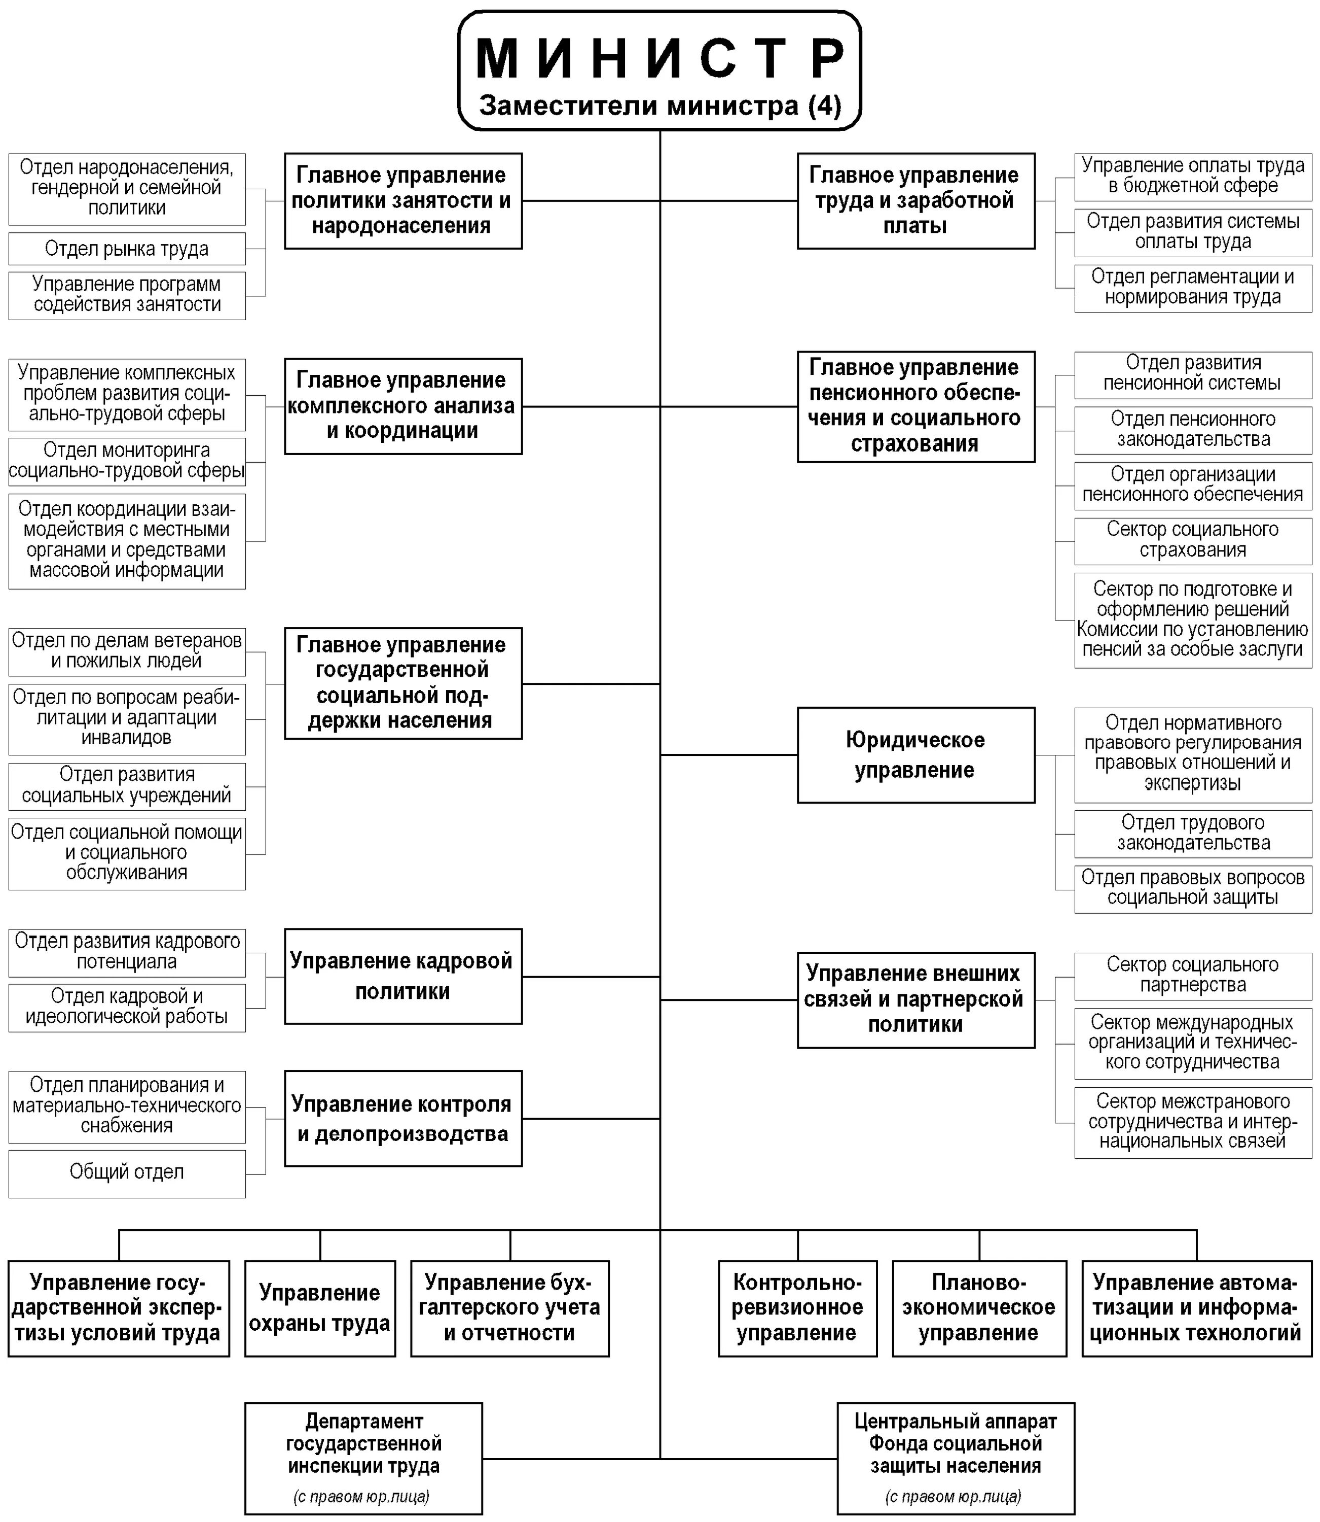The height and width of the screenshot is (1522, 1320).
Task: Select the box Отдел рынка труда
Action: pos(127,249)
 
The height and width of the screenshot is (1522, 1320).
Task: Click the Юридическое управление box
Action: pos(915,755)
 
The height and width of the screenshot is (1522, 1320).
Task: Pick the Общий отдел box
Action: pos(127,1172)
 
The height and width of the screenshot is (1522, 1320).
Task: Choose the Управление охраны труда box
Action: pos(320,1308)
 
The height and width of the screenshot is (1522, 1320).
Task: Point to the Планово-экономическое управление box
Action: pos(979,1308)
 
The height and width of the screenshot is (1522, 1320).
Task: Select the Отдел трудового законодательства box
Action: pos(1193,833)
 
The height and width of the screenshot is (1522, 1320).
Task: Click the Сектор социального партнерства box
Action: pos(1193,975)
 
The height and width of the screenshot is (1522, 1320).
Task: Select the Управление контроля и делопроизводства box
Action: pos(403,1118)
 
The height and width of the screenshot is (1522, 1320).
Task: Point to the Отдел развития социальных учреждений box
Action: pos(127,786)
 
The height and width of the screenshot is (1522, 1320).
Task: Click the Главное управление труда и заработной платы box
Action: pos(915,200)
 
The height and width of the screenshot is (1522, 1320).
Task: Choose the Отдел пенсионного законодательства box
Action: pos(1193,430)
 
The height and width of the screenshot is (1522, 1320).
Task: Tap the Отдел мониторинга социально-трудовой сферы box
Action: pos(127,461)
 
